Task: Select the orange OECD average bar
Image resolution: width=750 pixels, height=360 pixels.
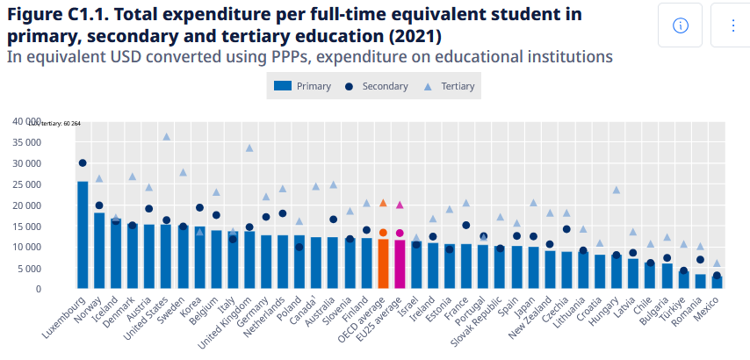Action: tap(383, 263)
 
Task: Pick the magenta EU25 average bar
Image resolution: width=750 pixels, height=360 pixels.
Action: tap(400, 264)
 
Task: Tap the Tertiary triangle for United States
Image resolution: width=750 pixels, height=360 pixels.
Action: tap(166, 137)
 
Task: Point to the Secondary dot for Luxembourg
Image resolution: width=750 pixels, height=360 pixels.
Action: tap(83, 163)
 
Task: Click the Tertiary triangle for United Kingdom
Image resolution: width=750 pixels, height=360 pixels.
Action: tap(249, 148)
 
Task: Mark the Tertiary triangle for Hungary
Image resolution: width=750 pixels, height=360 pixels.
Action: tap(617, 190)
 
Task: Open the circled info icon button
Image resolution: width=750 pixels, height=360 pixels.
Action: tap(680, 25)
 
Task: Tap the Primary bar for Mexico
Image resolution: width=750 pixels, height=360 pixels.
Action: tap(717, 282)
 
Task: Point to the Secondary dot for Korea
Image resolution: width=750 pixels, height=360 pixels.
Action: tap(199, 208)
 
